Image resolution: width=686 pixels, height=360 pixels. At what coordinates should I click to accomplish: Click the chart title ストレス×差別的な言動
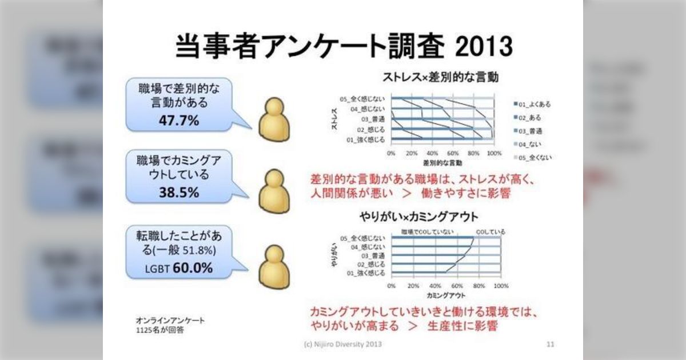tap(440, 77)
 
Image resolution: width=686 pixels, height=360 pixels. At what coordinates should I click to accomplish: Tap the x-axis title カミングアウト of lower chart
tap(446, 295)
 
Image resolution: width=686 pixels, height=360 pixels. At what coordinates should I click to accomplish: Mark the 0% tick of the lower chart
tap(391, 286)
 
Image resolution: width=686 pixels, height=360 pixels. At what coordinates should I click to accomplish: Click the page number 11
tap(550, 344)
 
